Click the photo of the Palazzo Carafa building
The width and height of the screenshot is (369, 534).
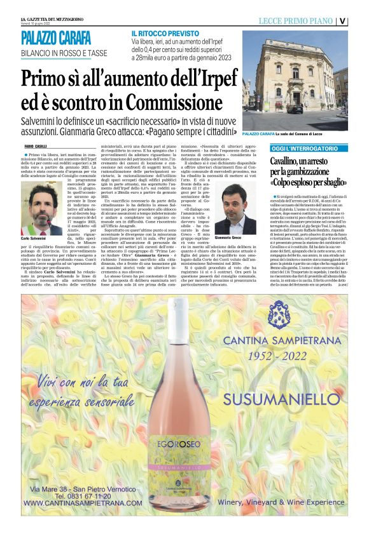click(x=303, y=79)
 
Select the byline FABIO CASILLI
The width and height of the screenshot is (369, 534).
click(x=38, y=146)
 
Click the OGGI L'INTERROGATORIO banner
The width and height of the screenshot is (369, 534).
click(x=298, y=148)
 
